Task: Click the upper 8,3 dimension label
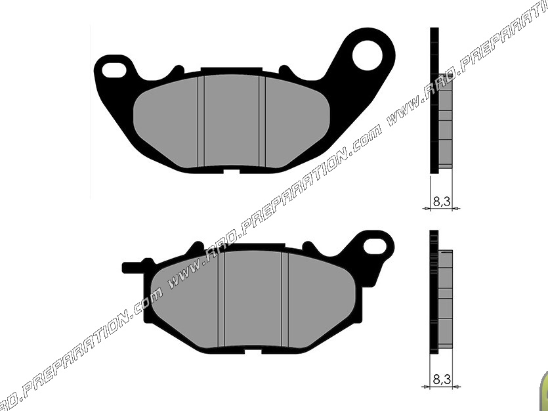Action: pyautogui.click(x=441, y=203)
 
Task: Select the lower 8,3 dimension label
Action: pyautogui.click(x=441, y=379)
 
